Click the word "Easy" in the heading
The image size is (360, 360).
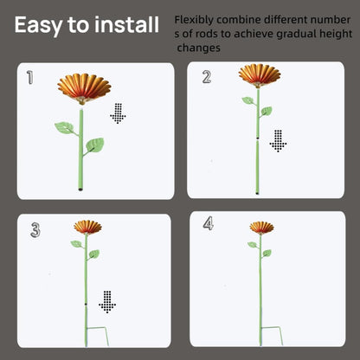click(38, 25)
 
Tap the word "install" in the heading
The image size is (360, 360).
click(126, 24)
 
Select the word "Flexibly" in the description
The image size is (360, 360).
click(194, 20)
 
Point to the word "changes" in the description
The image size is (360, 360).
click(198, 48)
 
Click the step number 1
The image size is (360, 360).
click(29, 77)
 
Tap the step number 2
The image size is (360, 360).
click(207, 77)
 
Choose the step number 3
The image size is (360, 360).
click(35, 230)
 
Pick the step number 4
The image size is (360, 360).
click(209, 223)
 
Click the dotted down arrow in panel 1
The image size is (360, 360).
click(118, 113)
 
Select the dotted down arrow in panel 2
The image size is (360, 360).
click(278, 141)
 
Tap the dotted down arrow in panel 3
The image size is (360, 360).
click(107, 302)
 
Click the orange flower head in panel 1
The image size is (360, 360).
click(84, 88)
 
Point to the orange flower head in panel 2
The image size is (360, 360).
click(260, 75)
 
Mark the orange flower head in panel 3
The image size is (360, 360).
click(87, 227)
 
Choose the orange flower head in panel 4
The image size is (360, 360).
click(261, 228)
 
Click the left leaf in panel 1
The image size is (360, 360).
click(64, 127)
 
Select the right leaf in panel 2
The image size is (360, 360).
click(267, 111)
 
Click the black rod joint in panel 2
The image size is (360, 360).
click(257, 138)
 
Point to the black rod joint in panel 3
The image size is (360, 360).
click(86, 304)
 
